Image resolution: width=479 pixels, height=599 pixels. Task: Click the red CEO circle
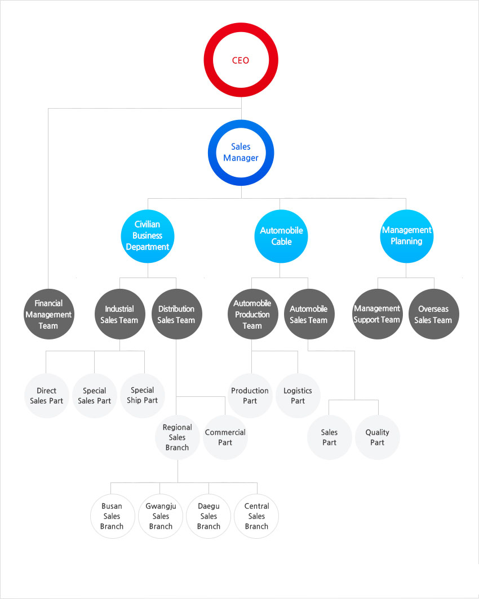[x=241, y=27]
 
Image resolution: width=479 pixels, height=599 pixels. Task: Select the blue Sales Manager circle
[x=241, y=124]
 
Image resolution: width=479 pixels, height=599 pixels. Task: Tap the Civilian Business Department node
[x=148, y=236]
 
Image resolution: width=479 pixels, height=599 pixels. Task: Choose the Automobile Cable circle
[x=281, y=236]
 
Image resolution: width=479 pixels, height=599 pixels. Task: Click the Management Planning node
[x=407, y=236]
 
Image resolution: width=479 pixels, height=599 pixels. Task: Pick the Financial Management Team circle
[x=48, y=314]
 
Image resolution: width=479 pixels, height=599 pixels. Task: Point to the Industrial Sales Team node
[x=119, y=314]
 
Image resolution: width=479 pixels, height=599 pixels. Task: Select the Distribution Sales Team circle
[x=176, y=314]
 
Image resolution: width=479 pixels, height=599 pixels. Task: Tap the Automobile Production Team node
[x=252, y=314]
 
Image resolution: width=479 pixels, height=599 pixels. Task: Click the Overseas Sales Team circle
[x=434, y=314]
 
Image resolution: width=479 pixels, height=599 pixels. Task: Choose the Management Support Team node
[x=378, y=314]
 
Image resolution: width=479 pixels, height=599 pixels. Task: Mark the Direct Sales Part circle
[x=47, y=396]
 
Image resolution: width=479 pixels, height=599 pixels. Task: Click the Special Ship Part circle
[x=143, y=396]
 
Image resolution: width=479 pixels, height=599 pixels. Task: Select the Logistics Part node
[x=298, y=396]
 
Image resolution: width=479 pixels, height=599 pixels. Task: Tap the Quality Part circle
[x=378, y=437]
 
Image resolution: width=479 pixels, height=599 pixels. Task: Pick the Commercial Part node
[x=225, y=437]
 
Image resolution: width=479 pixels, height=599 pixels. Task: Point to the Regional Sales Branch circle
[x=178, y=437]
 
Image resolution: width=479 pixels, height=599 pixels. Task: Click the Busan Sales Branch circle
[x=112, y=516]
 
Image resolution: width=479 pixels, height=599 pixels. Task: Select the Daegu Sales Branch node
[x=209, y=516]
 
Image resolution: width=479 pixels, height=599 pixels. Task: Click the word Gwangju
[x=161, y=507]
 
